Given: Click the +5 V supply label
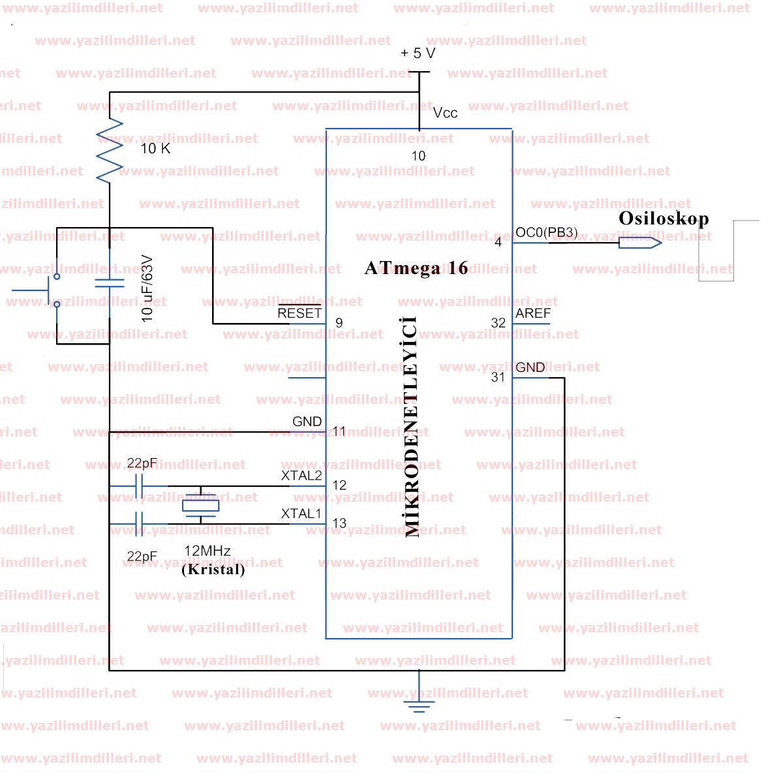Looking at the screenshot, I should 418,54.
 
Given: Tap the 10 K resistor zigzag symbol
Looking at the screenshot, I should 110,150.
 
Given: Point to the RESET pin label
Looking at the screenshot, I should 299,313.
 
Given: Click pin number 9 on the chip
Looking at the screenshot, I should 339,323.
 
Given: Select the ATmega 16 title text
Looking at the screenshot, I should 416,268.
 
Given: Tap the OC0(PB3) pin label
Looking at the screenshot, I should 546,232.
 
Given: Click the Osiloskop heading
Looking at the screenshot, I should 663,218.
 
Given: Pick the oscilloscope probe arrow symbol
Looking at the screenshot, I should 640,243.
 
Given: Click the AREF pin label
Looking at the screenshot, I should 533,314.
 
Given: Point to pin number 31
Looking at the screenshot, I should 498,377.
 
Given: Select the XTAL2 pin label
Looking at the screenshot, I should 301,476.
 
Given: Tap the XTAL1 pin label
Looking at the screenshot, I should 301,514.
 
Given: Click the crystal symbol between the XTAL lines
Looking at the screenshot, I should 200,505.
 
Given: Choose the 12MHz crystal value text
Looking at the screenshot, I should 207,551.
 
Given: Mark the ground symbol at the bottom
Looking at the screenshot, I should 418,703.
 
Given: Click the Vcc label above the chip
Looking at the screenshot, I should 446,113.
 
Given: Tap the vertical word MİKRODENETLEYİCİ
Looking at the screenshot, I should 412,427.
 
